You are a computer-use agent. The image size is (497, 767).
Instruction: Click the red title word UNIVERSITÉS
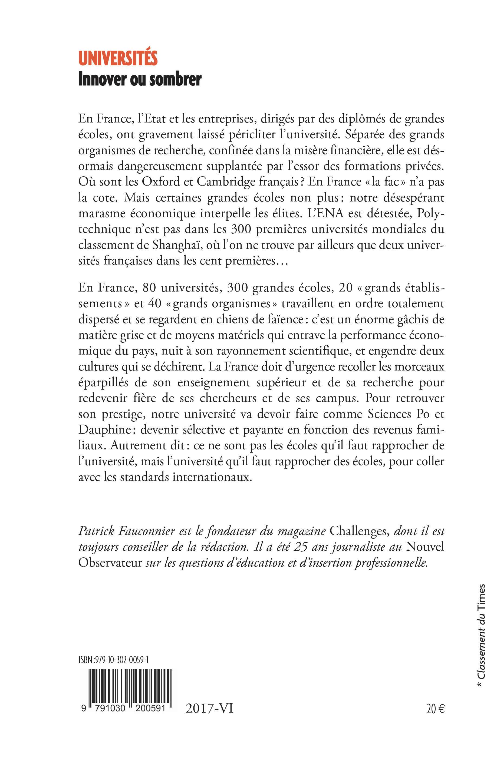tap(118, 58)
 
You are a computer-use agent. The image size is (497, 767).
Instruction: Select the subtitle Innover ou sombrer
tap(140, 79)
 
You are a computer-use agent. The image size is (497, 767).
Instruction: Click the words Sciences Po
tap(398, 414)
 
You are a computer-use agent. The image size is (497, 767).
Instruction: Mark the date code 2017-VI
tap(209, 709)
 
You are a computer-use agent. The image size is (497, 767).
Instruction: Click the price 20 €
tap(435, 709)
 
